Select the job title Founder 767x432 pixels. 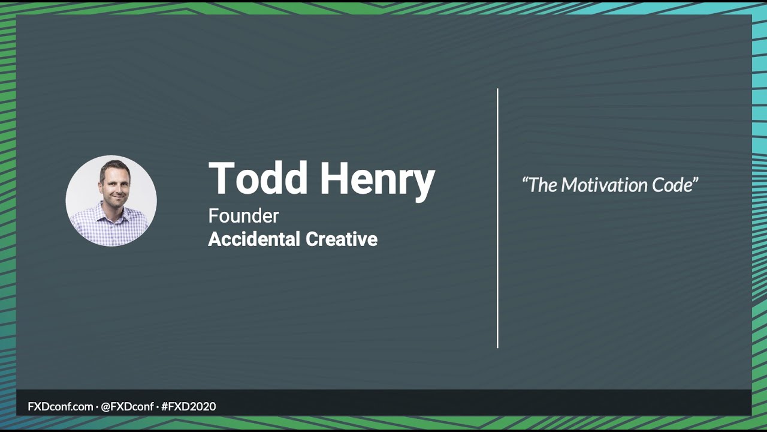tap(243, 215)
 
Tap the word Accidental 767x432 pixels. tap(253, 239)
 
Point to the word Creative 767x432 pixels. tap(342, 239)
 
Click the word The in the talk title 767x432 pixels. tap(543, 185)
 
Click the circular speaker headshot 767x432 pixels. tap(111, 201)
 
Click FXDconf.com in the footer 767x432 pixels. tap(61, 406)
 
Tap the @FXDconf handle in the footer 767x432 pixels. tap(127, 406)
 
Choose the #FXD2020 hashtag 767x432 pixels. tap(188, 406)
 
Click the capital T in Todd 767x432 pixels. tap(222, 179)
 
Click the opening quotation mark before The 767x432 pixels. tap(525, 179)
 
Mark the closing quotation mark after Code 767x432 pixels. tap(695, 179)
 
